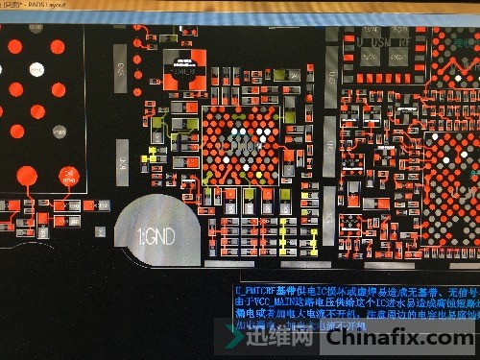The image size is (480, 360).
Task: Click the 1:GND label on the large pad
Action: point(157,235)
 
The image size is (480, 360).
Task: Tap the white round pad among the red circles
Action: point(36,69)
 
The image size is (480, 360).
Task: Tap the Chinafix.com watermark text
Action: point(414,337)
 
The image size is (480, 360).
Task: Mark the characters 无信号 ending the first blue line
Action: point(461,290)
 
